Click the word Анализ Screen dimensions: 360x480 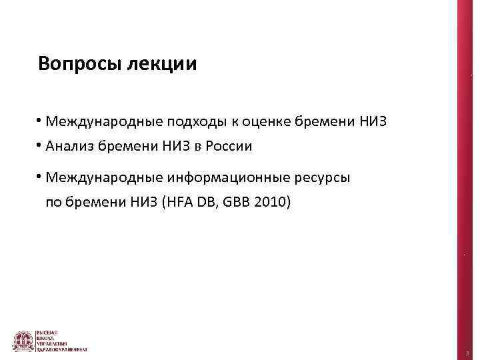tap(69, 146)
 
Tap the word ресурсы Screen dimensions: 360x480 tap(321, 179)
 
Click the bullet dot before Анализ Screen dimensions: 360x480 tap(41, 145)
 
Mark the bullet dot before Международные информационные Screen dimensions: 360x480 tap(41, 177)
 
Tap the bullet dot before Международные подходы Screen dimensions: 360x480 tap(41, 121)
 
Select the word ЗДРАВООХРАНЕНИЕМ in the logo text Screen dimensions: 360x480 tap(66, 349)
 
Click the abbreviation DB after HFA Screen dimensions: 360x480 tap(203, 201)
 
